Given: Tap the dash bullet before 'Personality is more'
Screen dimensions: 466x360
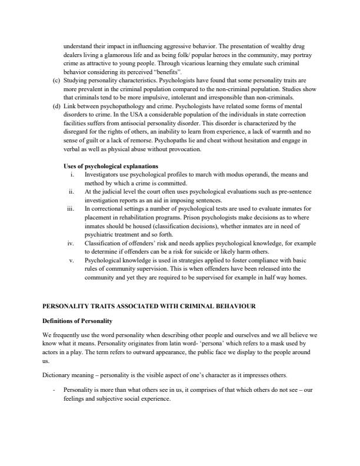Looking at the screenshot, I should pos(54,390).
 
